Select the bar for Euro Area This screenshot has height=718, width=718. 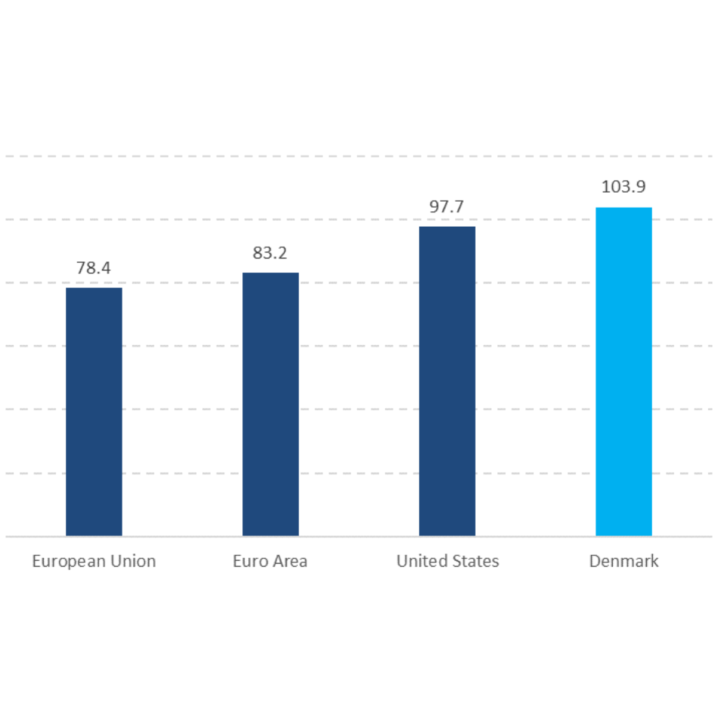click(270, 404)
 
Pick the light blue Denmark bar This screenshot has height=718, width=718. click(623, 372)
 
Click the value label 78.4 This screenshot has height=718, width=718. click(93, 268)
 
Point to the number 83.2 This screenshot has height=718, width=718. click(270, 253)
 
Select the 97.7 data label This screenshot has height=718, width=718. click(446, 207)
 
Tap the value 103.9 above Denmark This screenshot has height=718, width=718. click(623, 187)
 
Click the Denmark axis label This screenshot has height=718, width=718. click(623, 561)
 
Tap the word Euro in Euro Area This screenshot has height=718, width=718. click(247, 561)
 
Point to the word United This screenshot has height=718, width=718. click(416, 561)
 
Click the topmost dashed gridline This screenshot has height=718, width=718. click(359, 157)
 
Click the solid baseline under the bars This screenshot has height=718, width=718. click(359, 537)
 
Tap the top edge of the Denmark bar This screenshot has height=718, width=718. click(623, 208)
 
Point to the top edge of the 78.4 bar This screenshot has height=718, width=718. click(94, 288)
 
